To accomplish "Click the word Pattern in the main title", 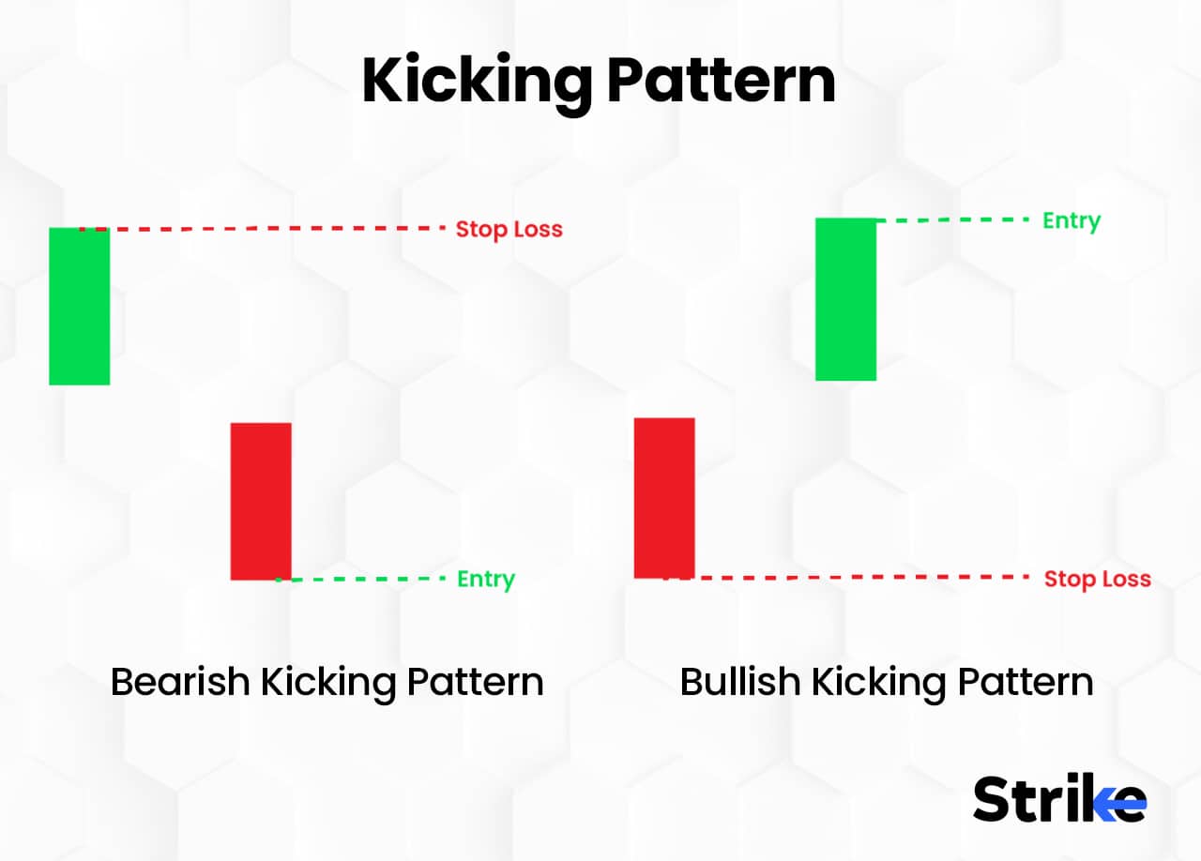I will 721,82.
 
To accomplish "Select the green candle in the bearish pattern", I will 80,307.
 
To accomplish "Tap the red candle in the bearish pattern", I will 261,501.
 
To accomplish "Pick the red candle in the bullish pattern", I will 664,497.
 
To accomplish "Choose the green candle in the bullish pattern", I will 845,299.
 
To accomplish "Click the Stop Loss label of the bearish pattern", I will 509,229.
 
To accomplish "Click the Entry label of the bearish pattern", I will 486,580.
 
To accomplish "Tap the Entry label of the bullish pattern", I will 1072,221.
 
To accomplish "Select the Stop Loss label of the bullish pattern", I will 1097,579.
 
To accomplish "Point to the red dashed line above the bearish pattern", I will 272,228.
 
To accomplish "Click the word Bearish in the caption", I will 180,681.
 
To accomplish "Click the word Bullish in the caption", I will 739,681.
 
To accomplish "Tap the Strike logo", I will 1059,799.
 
